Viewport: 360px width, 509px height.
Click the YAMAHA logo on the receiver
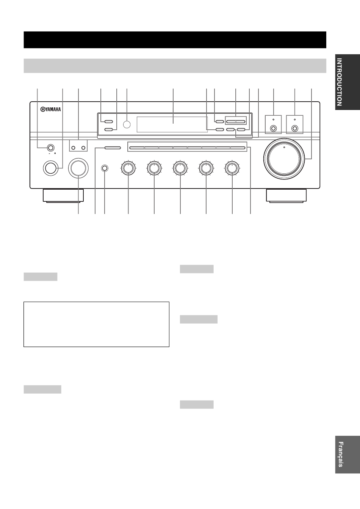(50, 110)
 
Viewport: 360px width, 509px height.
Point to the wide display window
(172, 124)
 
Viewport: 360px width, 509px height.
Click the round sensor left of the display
(127, 124)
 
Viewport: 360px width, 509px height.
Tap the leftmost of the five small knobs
(128, 168)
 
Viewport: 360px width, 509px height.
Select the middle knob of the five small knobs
(180, 168)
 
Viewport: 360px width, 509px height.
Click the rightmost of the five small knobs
(232, 168)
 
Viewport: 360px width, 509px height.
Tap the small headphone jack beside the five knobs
(104, 168)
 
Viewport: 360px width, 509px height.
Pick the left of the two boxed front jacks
(273, 129)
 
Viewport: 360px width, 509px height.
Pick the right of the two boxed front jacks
(294, 129)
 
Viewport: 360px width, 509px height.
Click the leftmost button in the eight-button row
(136, 148)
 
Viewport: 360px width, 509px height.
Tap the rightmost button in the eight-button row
(238, 148)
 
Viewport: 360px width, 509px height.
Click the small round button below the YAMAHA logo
(50, 147)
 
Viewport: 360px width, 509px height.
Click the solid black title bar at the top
(175, 39)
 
